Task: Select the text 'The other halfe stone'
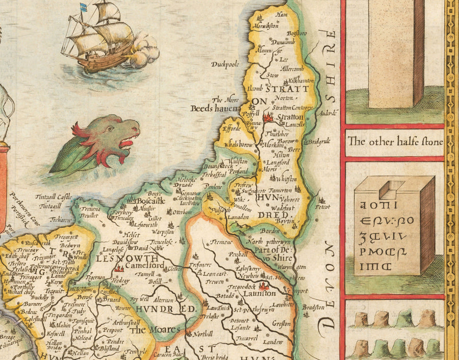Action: pyautogui.click(x=395, y=142)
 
